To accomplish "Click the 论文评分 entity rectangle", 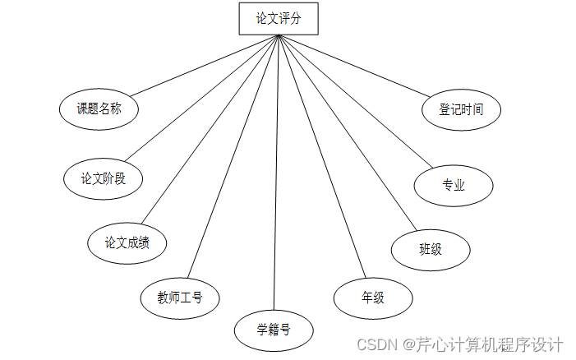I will click(278, 19).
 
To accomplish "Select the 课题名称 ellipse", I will click(99, 108).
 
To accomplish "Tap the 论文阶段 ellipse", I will click(103, 178).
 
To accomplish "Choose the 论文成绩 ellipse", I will click(127, 242).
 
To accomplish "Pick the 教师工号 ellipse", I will click(180, 298).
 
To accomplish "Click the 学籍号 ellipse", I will click(274, 330).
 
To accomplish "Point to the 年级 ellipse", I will click(372, 298).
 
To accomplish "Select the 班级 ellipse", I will click(430, 249).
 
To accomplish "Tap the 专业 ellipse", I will click(453, 185).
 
